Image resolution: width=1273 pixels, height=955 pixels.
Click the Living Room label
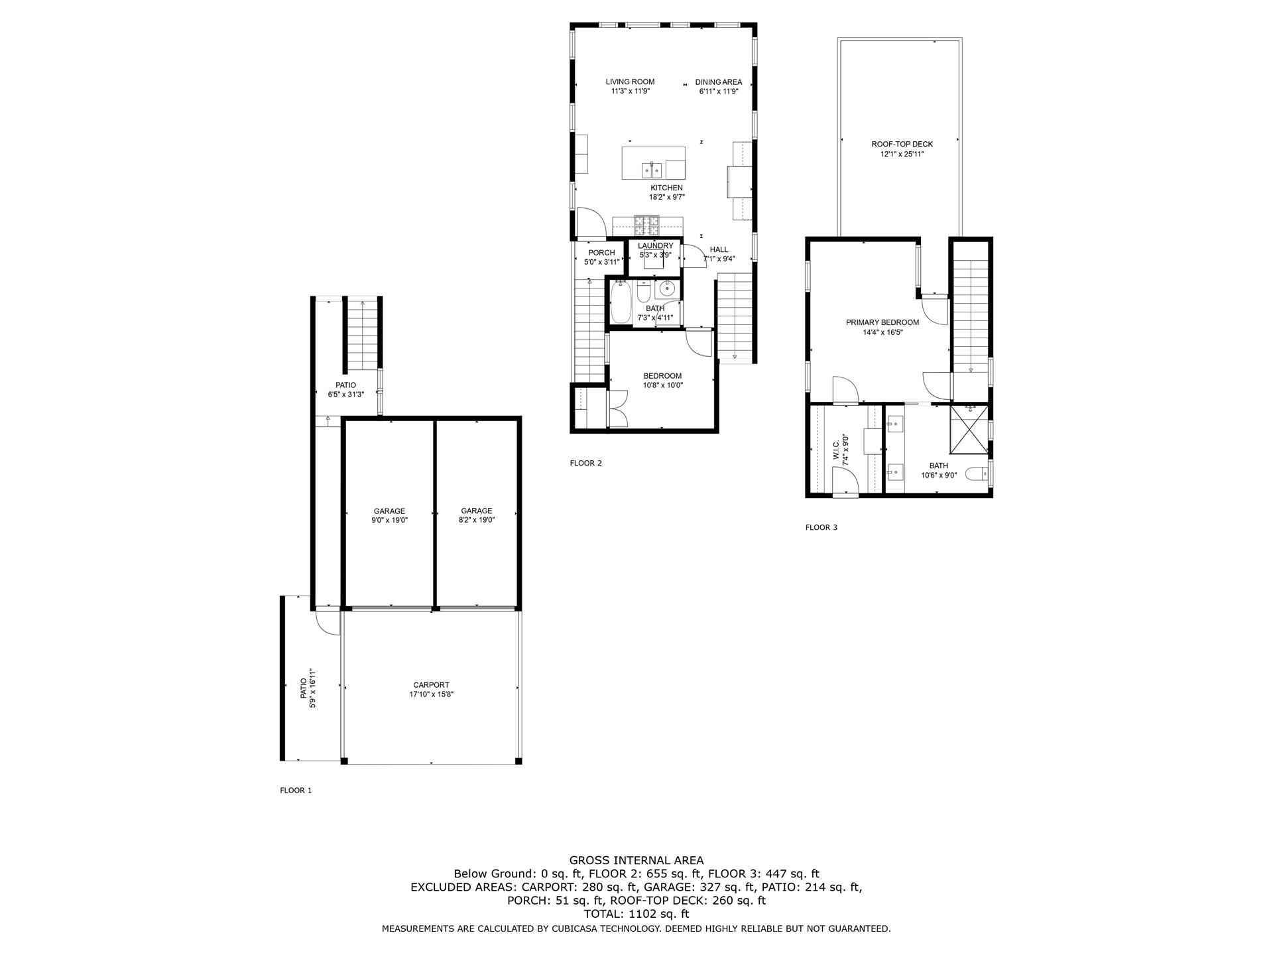click(x=630, y=82)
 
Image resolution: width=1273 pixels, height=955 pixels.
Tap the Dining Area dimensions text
click(x=718, y=92)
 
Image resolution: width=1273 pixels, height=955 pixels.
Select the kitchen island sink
click(x=651, y=170)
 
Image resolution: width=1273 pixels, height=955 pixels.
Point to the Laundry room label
click(x=655, y=246)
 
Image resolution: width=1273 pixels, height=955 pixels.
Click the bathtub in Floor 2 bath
click(x=621, y=302)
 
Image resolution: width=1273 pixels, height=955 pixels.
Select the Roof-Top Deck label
click(x=901, y=145)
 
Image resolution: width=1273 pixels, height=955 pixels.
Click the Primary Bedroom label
click(x=882, y=323)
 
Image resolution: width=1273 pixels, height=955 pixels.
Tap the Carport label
click(x=431, y=685)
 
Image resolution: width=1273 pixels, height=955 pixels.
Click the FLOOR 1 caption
click(x=296, y=791)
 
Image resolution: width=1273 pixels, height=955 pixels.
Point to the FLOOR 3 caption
click(x=821, y=528)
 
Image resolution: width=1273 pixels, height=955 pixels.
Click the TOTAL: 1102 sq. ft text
click(x=636, y=914)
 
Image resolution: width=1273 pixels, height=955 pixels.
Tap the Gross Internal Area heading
click(x=636, y=861)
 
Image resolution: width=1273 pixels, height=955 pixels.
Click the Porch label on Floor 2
click(x=601, y=253)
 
